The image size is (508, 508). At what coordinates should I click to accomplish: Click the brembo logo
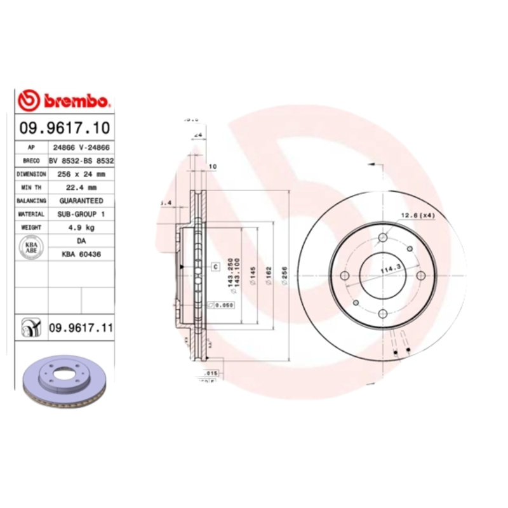pyautogui.click(x=65, y=100)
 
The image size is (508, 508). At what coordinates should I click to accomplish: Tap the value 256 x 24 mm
pyautogui.click(x=81, y=173)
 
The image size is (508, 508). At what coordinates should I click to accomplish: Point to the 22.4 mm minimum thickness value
pyautogui.click(x=81, y=187)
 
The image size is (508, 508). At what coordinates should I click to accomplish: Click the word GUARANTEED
pyautogui.click(x=81, y=201)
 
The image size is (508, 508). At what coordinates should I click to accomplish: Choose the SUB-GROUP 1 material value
pyautogui.click(x=81, y=215)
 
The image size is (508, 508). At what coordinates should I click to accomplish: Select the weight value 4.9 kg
pyautogui.click(x=81, y=227)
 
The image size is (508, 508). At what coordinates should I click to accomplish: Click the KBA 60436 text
pyautogui.click(x=81, y=254)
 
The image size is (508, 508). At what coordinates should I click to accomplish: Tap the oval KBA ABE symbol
pyautogui.click(x=30, y=247)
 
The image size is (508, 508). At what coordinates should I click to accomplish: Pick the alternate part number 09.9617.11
pyautogui.click(x=81, y=328)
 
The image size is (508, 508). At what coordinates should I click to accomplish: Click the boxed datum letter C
pyautogui.click(x=215, y=266)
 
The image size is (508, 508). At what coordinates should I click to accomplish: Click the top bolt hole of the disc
pyautogui.click(x=382, y=238)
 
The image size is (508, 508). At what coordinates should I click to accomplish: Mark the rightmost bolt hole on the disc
pyautogui.click(x=420, y=275)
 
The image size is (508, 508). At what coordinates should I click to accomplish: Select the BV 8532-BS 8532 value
pyautogui.click(x=81, y=161)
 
